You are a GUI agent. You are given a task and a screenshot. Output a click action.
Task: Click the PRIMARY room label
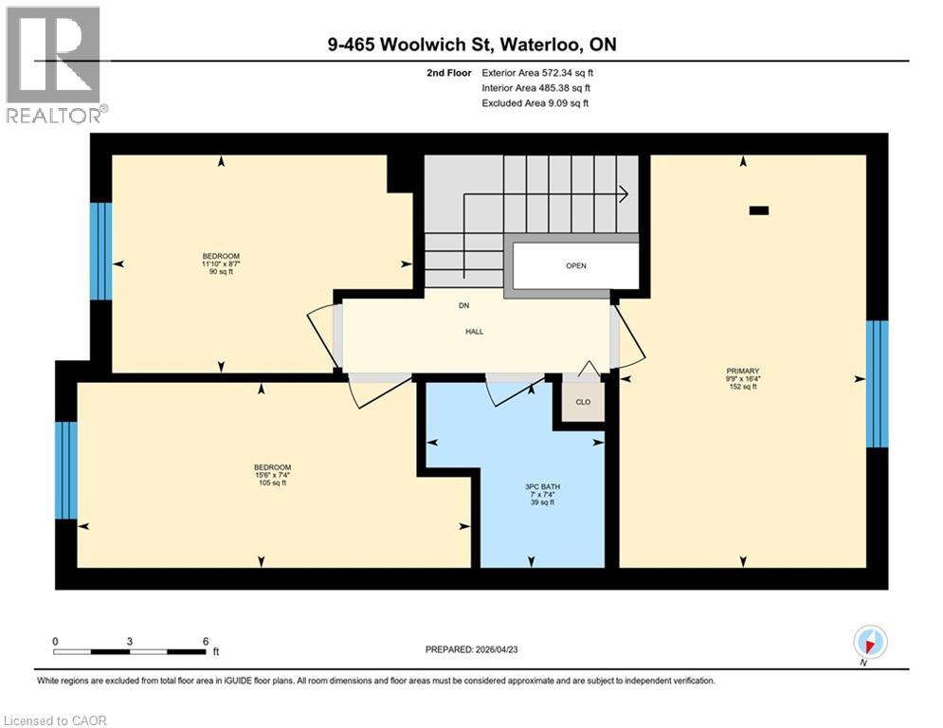742,372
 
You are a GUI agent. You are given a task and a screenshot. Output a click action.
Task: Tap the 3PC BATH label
541,487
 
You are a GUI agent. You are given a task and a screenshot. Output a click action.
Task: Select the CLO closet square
583,402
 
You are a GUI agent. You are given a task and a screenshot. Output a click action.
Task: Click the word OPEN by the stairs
576,265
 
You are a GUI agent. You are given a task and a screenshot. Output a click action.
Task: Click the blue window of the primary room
879,384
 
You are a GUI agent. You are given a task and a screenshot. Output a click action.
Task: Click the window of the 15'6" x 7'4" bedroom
65,471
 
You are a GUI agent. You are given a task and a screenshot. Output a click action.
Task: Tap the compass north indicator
869,642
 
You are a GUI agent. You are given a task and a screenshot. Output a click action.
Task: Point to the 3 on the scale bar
129,641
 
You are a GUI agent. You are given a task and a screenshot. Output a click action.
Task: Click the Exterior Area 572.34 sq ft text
537,72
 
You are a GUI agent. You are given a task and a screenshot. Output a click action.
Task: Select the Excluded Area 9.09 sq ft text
535,102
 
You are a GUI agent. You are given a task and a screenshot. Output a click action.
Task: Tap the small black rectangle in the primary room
759,211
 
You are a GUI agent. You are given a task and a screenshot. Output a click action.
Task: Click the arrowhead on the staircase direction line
625,193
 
